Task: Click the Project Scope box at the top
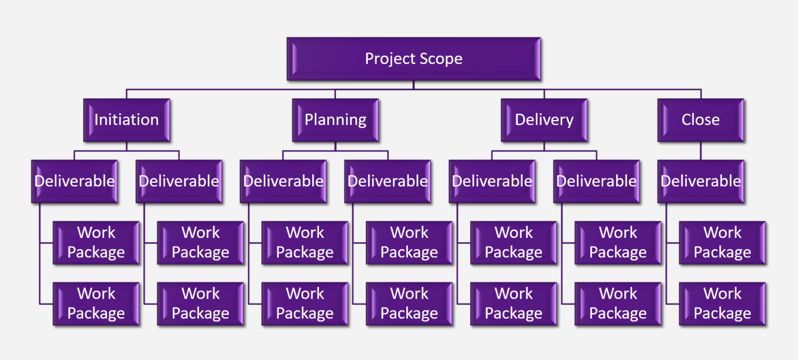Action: point(413,59)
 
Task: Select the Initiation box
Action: point(126,120)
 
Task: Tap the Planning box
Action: point(335,120)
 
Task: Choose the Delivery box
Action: point(544,120)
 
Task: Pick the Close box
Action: point(700,120)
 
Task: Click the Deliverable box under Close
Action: point(700,181)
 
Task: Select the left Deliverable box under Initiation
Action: point(74,181)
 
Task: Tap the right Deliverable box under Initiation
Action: point(179,181)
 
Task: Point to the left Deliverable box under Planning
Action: point(283,181)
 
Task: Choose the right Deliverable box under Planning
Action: point(388,181)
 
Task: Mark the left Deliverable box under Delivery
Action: point(492,181)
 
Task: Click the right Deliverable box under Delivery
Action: point(596,181)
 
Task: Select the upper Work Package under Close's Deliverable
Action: point(722,243)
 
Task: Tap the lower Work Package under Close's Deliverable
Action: point(722,304)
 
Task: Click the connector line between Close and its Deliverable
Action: point(700,151)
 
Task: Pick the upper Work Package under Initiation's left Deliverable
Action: point(96,243)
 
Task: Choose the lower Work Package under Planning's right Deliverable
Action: point(409,304)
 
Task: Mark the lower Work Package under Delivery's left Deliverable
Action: point(513,304)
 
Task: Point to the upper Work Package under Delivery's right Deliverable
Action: point(618,243)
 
